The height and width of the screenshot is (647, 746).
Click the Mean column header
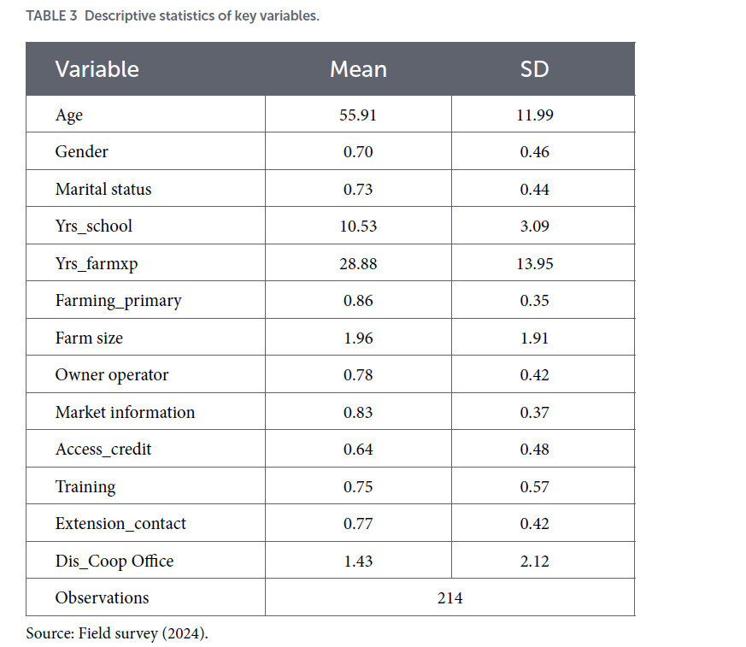click(358, 69)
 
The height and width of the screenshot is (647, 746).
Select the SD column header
click(534, 69)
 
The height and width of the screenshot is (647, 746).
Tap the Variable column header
click(97, 69)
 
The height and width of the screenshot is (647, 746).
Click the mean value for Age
click(358, 115)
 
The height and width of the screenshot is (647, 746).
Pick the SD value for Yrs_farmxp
click(535, 263)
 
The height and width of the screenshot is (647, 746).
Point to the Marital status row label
click(103, 189)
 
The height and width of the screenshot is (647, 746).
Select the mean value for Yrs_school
click(358, 226)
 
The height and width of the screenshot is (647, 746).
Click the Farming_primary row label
click(119, 301)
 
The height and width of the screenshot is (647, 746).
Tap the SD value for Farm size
click(534, 338)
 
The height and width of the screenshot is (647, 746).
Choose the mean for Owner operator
click(358, 375)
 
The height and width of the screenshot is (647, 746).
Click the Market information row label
click(125, 412)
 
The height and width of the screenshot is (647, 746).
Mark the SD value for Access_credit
click(534, 449)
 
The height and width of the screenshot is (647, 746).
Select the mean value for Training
click(358, 486)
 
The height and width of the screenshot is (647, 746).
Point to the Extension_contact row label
click(120, 523)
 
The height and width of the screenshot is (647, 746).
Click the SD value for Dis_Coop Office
click(534, 561)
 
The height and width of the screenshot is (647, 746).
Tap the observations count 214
click(449, 597)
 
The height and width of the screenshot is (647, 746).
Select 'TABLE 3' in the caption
click(51, 15)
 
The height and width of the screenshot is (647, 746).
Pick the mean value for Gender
click(358, 152)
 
